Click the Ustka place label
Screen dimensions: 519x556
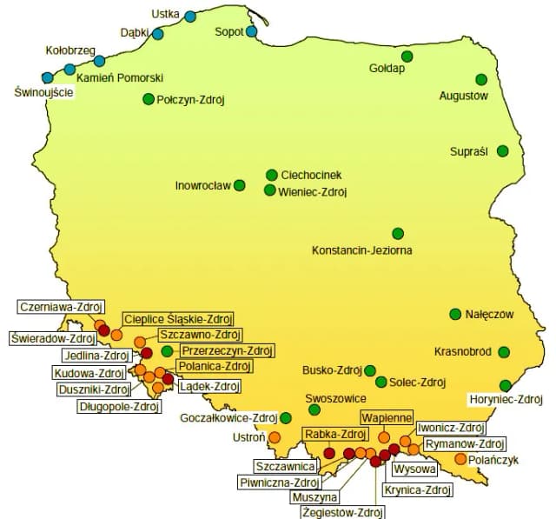[x=165, y=14]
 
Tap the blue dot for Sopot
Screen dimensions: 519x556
[x=252, y=32]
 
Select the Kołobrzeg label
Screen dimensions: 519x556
[x=69, y=50]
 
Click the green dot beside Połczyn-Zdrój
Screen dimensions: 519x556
[x=149, y=99]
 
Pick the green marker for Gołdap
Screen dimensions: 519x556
[x=407, y=57]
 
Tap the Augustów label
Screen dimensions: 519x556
[x=464, y=96]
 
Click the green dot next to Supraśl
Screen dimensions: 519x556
[x=502, y=151]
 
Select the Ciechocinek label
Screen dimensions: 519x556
[x=315, y=175]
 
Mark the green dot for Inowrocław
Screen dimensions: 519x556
[x=240, y=185]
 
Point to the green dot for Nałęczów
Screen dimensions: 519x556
[x=455, y=314]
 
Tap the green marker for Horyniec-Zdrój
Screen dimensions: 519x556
[x=506, y=385]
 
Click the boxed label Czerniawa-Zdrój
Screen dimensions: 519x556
[x=61, y=306]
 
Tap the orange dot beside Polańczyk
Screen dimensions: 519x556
[x=460, y=458]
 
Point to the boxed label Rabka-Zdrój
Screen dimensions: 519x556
[x=334, y=434]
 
